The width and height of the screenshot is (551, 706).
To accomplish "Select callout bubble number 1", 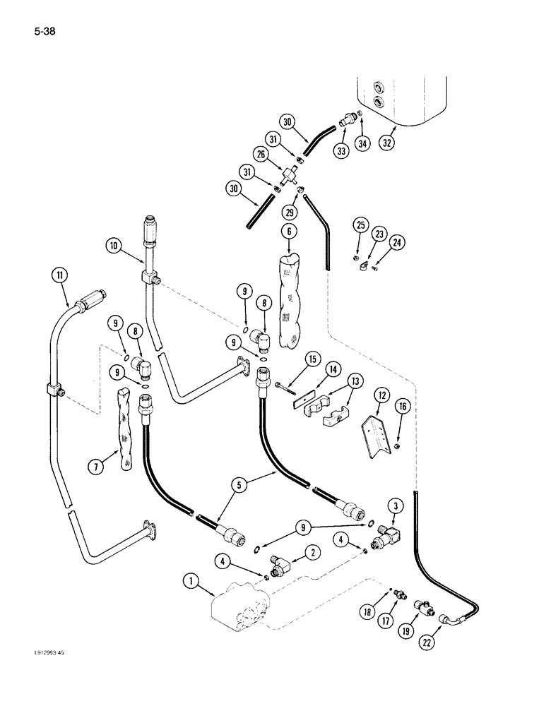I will (x=191, y=582).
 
